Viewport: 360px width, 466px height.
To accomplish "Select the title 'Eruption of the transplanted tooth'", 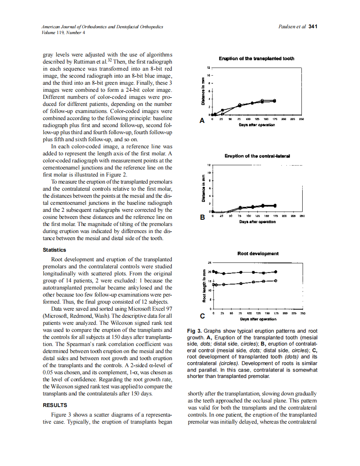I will click(256, 59).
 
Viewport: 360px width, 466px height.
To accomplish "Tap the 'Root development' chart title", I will click(258, 253).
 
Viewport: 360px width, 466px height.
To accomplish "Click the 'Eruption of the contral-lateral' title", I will click(257, 156).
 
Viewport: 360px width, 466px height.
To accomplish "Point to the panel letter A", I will click(202, 121).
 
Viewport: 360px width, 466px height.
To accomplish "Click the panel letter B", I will click(202, 217).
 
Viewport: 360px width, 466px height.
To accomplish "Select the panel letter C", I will click(202, 316).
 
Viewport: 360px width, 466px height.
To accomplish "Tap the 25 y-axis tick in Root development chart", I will click(210, 263).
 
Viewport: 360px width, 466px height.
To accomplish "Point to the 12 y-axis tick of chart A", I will click(209, 67).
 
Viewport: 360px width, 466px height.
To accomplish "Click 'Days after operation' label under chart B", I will click(257, 222).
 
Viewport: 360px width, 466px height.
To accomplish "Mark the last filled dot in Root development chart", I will click(276, 272).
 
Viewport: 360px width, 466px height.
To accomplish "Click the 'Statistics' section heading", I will click(54, 250).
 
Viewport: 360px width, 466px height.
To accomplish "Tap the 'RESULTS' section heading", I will click(55, 405).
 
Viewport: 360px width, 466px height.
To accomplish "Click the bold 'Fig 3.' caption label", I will click(194, 331).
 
